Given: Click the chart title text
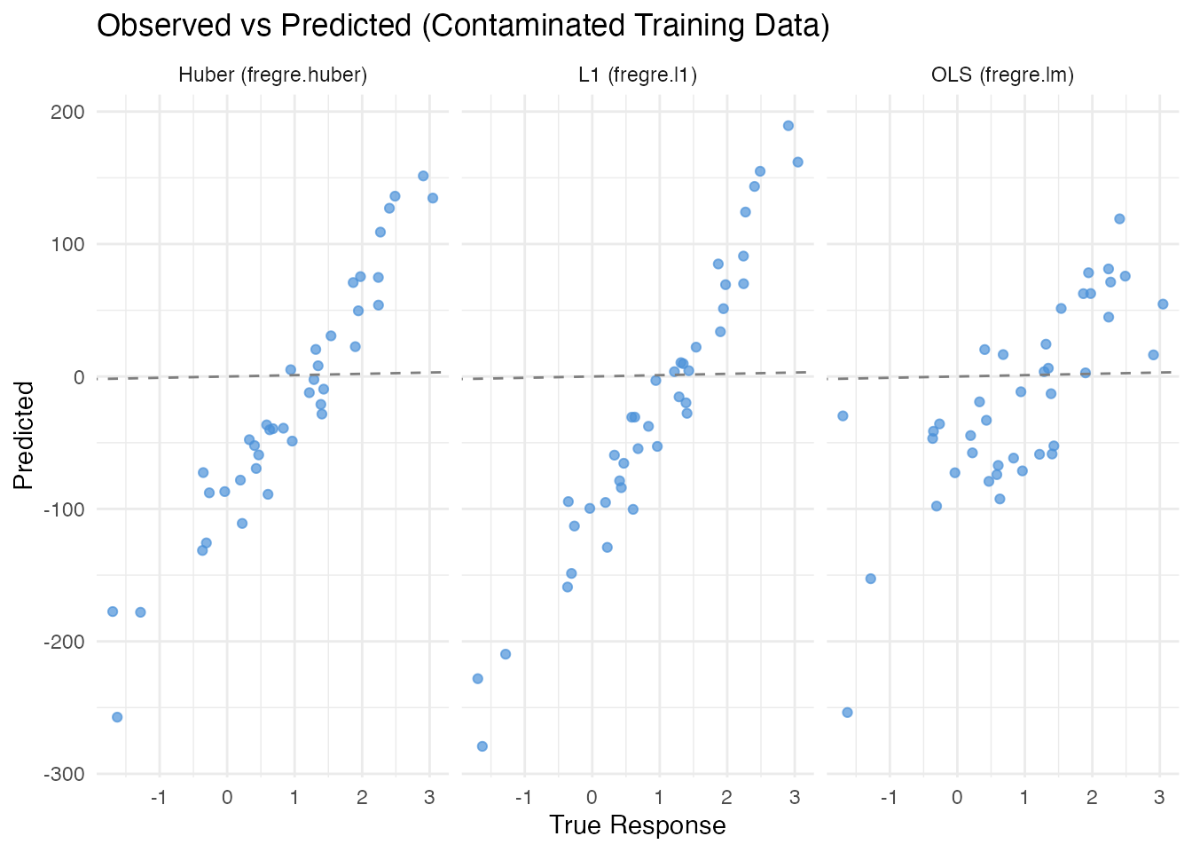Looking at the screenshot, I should click(463, 27).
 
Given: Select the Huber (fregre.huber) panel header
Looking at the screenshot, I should click(272, 75).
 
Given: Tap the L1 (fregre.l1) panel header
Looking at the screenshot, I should click(638, 75).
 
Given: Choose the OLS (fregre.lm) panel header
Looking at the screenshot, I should click(1002, 75).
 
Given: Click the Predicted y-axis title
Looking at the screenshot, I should click(24, 435).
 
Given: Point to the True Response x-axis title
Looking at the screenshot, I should click(637, 825).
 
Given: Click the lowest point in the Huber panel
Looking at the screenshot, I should click(117, 717).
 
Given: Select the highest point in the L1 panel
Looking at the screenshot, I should click(788, 126).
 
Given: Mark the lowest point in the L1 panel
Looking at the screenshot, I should click(482, 746).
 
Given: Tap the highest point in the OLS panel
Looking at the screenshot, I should click(1119, 219).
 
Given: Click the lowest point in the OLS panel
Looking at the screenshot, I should click(847, 713).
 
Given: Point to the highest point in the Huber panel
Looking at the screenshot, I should click(423, 176).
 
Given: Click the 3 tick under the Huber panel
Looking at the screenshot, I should click(429, 797).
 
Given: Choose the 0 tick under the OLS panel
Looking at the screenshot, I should click(957, 797).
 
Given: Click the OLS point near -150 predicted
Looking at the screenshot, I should click(871, 579).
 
